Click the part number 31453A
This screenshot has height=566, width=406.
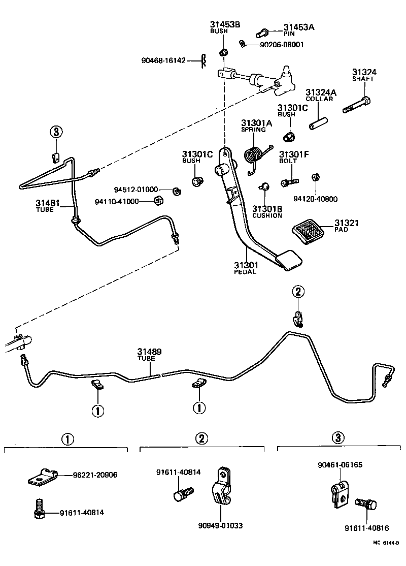pos(299,27)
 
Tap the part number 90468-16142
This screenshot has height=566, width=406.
pos(164,61)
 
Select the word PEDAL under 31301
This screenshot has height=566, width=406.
pos(245,272)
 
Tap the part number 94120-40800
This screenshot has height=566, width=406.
pos(316,199)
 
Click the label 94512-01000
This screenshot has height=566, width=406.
pos(136,190)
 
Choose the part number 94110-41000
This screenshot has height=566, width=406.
pos(117,202)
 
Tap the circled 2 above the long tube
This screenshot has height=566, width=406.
pos(298,291)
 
